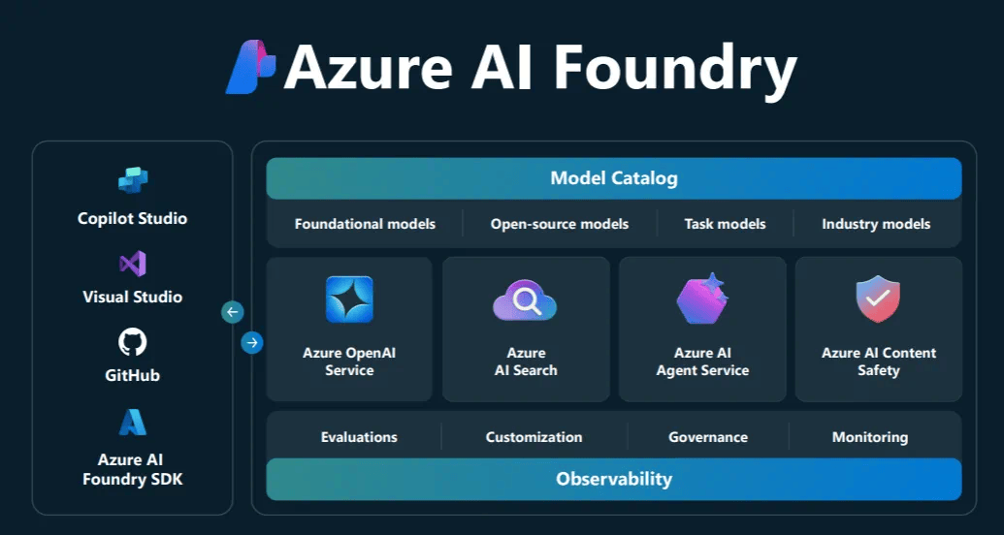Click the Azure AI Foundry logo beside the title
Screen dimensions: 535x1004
point(250,67)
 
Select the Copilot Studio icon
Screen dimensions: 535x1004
point(133,181)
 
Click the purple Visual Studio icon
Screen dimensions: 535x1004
point(133,263)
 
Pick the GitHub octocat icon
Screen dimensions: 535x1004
point(133,341)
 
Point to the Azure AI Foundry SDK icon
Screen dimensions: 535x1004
point(133,423)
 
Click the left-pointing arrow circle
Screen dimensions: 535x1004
point(233,312)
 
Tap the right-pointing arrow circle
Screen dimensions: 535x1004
point(252,342)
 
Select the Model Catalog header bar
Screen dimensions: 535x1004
point(613,178)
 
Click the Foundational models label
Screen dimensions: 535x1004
point(365,224)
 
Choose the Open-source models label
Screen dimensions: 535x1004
point(560,224)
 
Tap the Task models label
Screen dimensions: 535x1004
point(725,224)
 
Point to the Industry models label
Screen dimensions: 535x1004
point(876,224)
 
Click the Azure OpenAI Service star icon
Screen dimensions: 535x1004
point(349,299)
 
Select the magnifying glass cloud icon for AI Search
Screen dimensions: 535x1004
point(525,301)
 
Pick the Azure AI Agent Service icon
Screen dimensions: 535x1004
point(702,299)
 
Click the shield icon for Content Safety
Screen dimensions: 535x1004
point(878,299)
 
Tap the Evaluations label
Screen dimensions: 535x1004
point(359,437)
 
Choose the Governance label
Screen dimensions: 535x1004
point(708,437)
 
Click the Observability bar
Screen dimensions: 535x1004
point(613,479)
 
